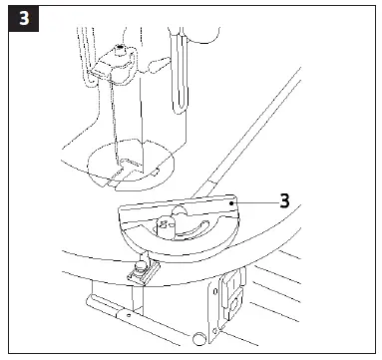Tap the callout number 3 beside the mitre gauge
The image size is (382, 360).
click(285, 199)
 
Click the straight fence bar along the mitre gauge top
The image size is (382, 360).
click(180, 203)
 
